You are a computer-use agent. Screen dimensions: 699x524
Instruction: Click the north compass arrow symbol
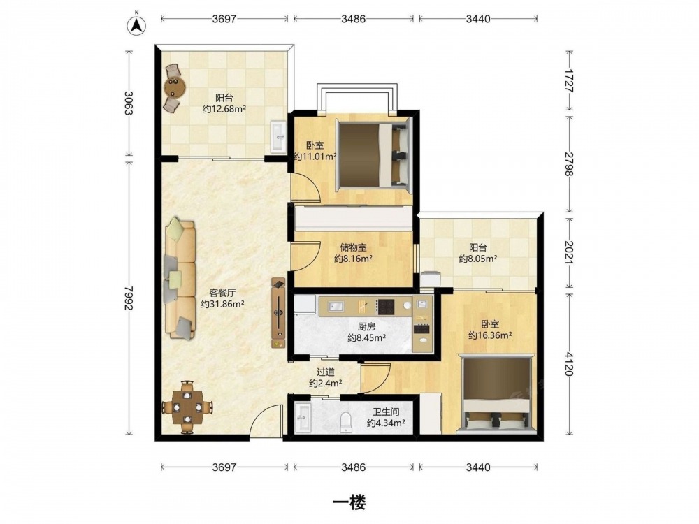pos(137,25)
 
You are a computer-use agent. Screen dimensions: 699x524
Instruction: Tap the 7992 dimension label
pos(129,298)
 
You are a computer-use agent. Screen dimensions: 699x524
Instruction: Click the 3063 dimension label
pos(129,103)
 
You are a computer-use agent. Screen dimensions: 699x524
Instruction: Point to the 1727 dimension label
pos(569,80)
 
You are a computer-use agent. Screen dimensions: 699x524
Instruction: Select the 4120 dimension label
pos(569,363)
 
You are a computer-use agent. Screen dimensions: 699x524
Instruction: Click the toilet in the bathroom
pos(346,422)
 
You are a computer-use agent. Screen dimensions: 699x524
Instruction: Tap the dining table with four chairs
pos(187,407)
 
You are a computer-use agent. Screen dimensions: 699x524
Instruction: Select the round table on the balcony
pos(173,87)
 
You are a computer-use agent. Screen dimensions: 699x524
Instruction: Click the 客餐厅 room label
pos(222,293)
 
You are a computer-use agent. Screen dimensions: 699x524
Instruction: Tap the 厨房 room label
pos(366,326)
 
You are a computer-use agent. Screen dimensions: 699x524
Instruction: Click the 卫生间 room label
pos(386,412)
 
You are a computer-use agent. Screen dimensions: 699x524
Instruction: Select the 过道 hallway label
pos(326,372)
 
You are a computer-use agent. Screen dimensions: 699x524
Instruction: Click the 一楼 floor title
pos(349,502)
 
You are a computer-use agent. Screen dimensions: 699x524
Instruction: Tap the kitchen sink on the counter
pos(335,306)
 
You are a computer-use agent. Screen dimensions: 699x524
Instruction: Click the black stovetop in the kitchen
pos(386,307)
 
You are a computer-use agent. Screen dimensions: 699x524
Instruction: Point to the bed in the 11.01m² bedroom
pos(373,154)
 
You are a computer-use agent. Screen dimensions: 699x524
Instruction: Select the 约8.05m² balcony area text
pos(478,259)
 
